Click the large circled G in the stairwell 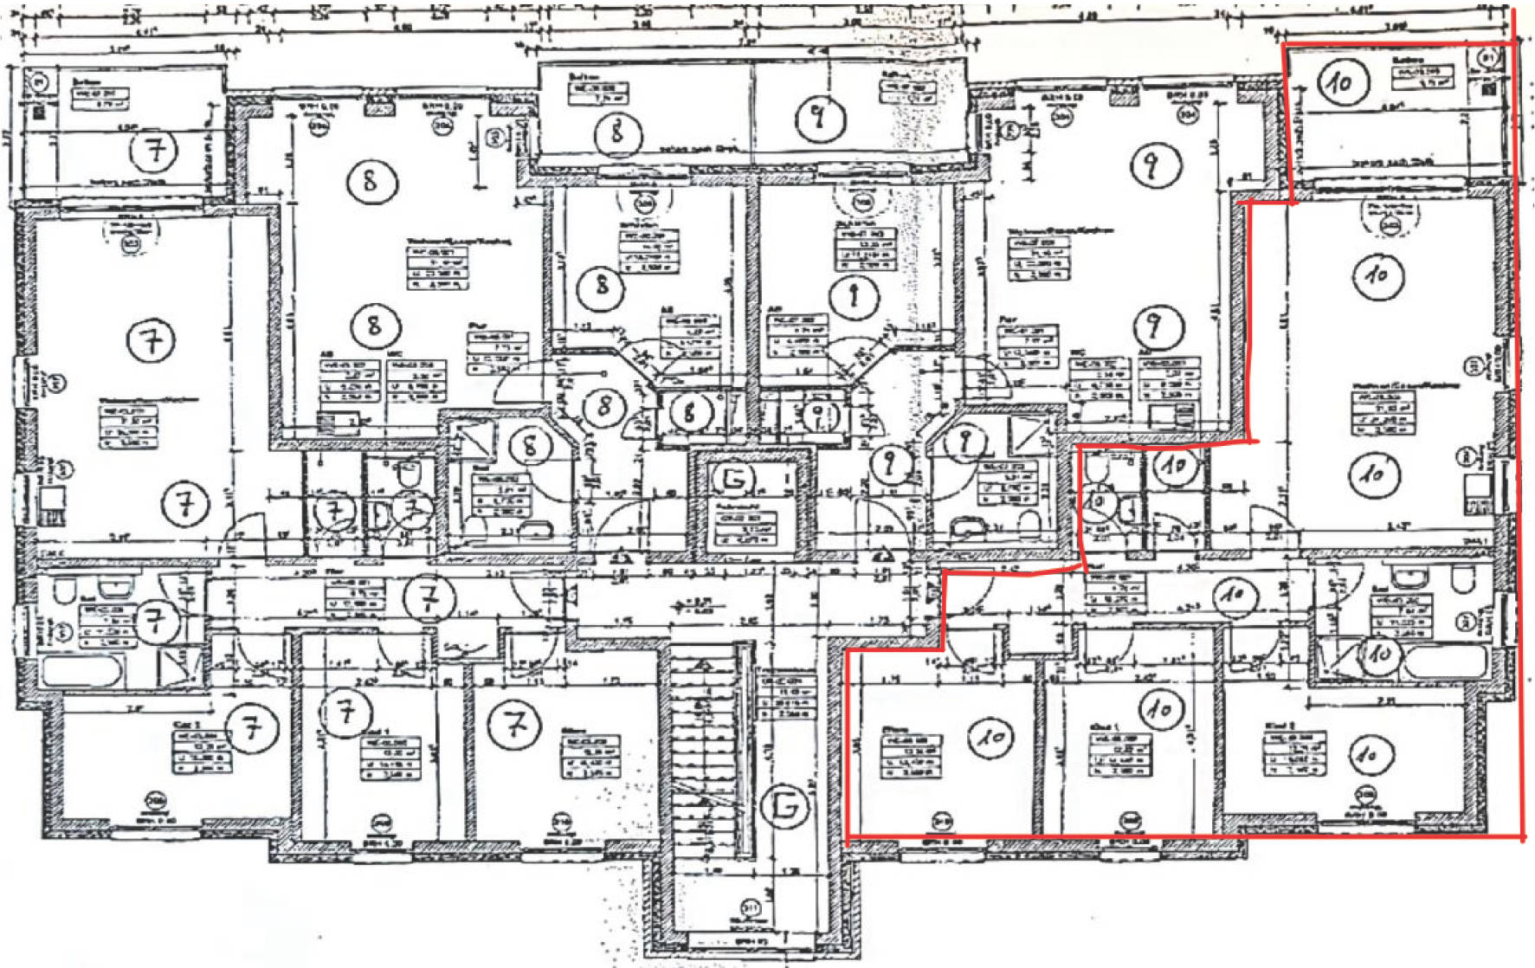pos(785,807)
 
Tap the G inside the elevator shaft pos(733,477)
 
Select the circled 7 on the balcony pos(155,152)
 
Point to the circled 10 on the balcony pos(1342,82)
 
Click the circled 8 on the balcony pos(616,132)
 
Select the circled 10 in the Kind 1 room pos(1159,709)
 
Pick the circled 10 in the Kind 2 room pos(1369,753)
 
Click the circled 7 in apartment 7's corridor pos(430,597)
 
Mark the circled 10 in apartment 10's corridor pos(1233,595)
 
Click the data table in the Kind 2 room pos(1293,750)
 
